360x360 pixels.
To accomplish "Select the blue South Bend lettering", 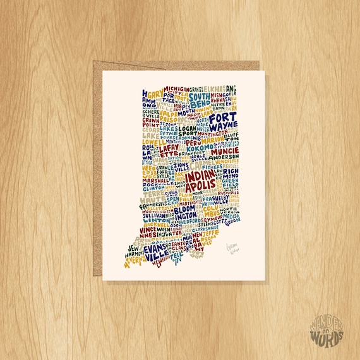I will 200,98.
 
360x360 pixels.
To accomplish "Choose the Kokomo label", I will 197,147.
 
